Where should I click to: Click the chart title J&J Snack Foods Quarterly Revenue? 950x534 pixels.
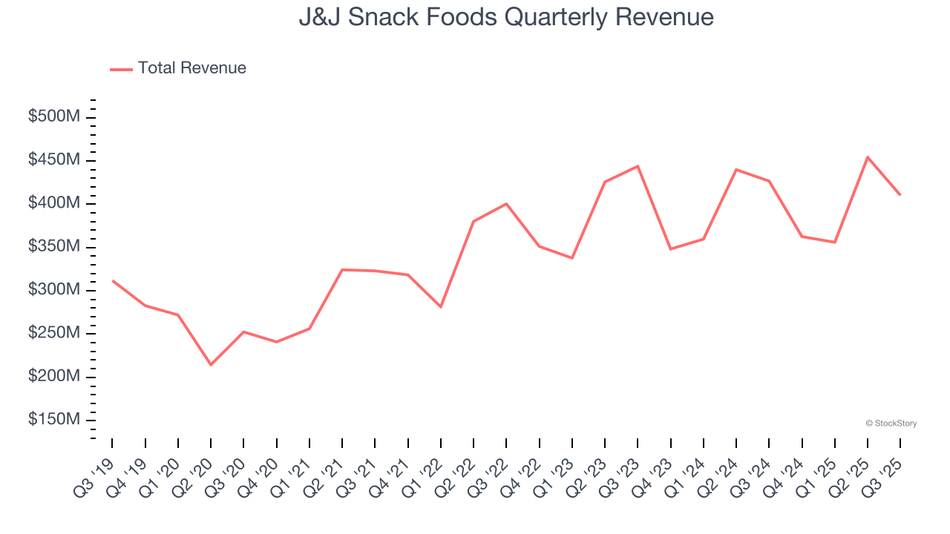click(506, 17)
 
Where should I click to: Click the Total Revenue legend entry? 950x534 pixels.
click(178, 68)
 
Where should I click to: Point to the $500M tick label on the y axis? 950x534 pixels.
click(54, 117)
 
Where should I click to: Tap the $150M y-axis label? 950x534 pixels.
click(54, 420)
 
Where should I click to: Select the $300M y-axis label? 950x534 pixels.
click(54, 290)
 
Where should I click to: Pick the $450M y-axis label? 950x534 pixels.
click(54, 160)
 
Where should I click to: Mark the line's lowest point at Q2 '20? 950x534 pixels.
click(211, 364)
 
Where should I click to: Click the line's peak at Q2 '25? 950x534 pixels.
click(868, 157)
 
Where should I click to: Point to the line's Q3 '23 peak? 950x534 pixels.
click(638, 166)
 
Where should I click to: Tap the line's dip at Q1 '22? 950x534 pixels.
click(441, 306)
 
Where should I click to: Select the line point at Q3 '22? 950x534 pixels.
click(506, 204)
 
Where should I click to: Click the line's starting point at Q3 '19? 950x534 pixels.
click(112, 280)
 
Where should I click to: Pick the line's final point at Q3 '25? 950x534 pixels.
click(900, 195)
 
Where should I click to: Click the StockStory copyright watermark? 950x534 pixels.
click(891, 423)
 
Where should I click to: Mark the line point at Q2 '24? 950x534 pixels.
click(736, 170)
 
